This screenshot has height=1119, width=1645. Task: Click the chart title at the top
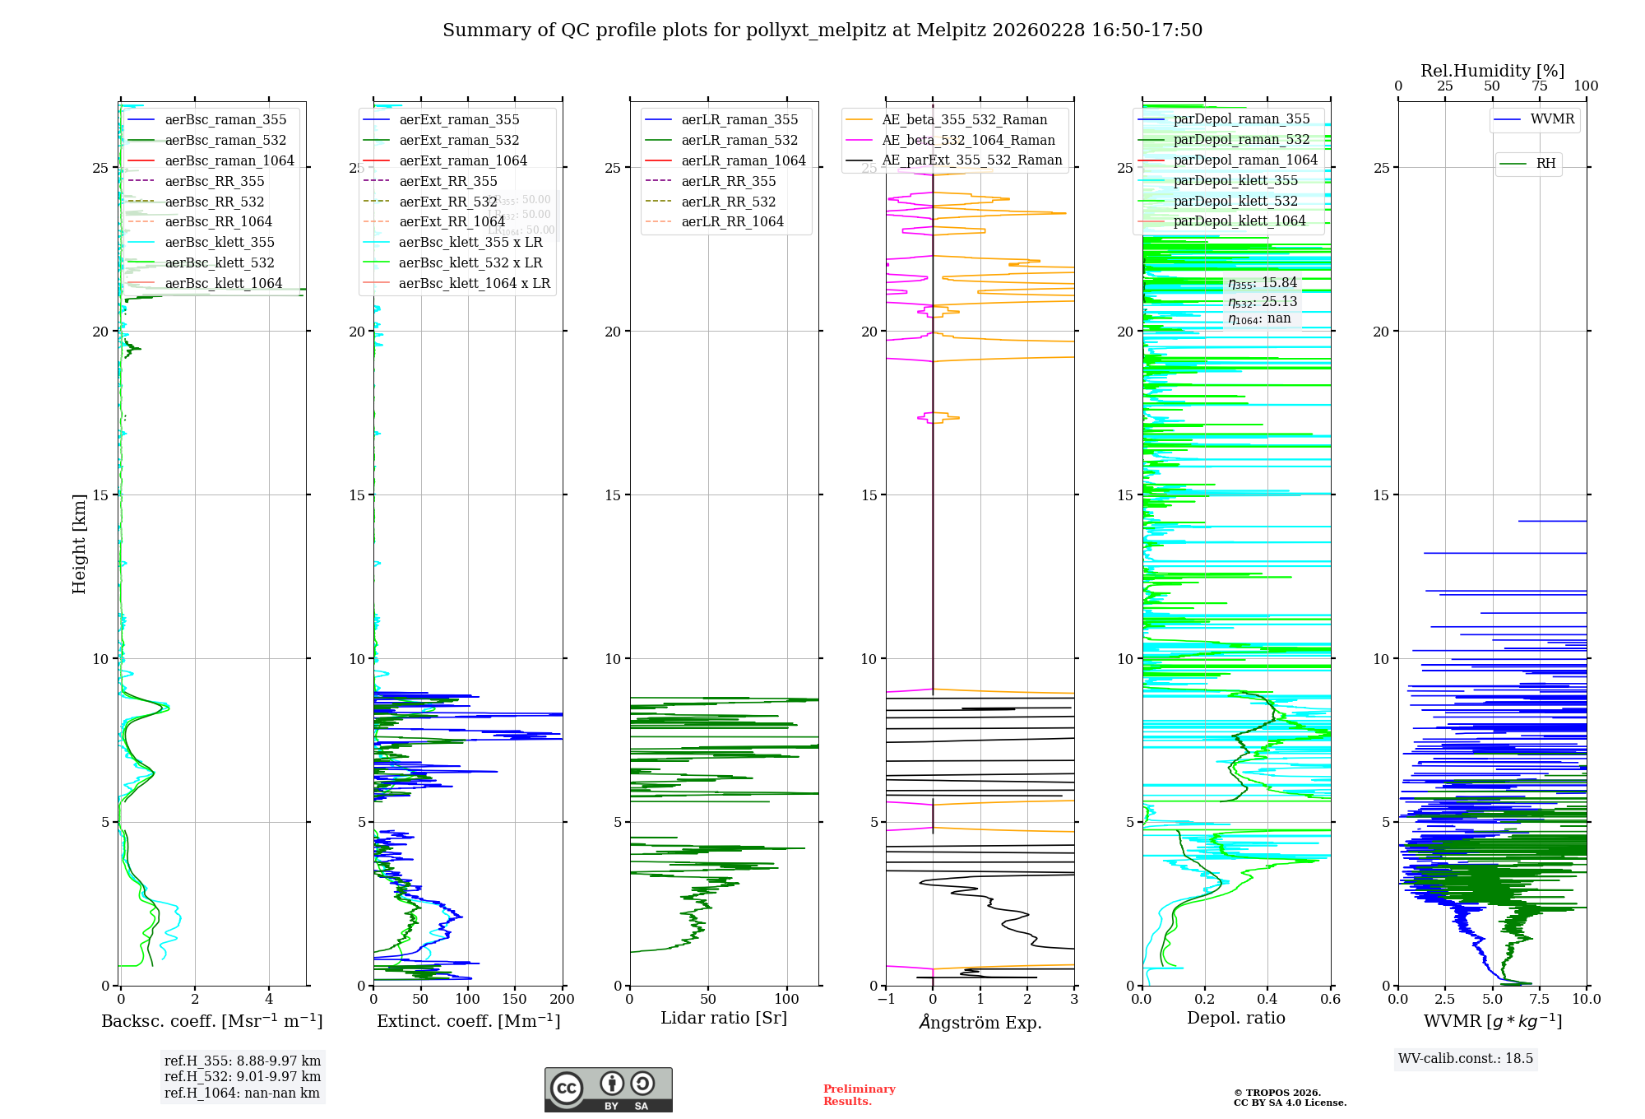(x=822, y=30)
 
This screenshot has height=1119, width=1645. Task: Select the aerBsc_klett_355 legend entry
(x=220, y=242)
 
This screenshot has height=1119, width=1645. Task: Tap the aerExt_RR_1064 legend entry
(x=452, y=221)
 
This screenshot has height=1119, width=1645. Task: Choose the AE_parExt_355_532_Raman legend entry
(x=971, y=160)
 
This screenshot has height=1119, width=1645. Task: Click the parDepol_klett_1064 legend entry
(x=1239, y=221)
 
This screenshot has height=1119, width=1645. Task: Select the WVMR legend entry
(x=1552, y=119)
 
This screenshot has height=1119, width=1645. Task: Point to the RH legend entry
(x=1545, y=164)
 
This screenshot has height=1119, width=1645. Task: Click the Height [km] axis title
(x=79, y=544)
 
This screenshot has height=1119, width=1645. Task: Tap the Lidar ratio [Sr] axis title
(x=724, y=1018)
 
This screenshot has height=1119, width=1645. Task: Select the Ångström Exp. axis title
(x=980, y=1022)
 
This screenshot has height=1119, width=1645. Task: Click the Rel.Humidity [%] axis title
(x=1492, y=71)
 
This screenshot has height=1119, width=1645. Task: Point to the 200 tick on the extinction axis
(x=563, y=999)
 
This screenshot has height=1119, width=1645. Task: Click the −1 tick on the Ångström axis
(x=886, y=999)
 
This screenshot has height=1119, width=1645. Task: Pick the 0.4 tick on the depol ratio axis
(x=1267, y=999)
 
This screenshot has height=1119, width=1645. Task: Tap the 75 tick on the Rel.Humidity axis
(x=1540, y=86)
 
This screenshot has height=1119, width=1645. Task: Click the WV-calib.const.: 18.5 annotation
(x=1466, y=1058)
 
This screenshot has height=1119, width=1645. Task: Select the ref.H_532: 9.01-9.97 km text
(x=243, y=1076)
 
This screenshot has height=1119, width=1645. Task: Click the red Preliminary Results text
(x=859, y=1094)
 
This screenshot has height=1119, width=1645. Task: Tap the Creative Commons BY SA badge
(x=608, y=1090)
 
